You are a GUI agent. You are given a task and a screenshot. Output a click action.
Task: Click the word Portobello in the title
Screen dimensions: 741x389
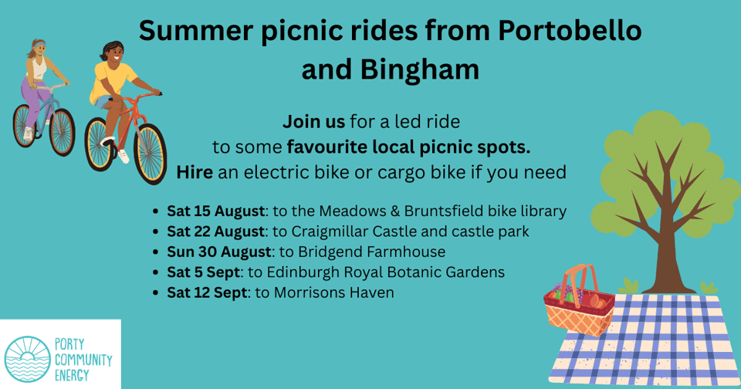tap(570, 31)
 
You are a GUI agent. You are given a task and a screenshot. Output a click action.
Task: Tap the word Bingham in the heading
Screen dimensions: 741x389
tap(420, 70)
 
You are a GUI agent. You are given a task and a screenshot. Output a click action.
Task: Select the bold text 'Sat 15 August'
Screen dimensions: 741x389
tap(215, 211)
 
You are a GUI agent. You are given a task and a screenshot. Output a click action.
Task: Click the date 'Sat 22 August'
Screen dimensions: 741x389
tap(215, 232)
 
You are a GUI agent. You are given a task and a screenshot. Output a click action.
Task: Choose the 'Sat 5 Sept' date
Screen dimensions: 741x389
tap(204, 272)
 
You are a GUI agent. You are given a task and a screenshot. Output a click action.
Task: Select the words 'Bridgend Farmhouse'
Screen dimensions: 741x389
tap(371, 252)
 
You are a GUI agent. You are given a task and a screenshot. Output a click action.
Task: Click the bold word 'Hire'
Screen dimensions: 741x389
tap(195, 172)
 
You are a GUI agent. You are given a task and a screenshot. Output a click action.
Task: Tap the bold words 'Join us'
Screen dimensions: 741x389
tap(314, 122)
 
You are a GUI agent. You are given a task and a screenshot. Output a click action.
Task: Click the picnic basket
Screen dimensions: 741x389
tap(579, 303)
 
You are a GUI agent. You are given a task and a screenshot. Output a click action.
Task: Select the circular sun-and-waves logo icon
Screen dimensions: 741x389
tap(27, 359)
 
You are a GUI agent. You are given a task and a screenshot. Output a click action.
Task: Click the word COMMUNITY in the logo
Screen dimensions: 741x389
tap(83, 360)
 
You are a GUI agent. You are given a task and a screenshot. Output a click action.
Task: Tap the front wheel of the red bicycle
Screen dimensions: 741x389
tap(151, 154)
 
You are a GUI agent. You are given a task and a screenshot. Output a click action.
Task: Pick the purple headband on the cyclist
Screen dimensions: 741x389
tap(39, 46)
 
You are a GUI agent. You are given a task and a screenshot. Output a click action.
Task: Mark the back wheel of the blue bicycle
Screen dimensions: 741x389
tap(24, 125)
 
